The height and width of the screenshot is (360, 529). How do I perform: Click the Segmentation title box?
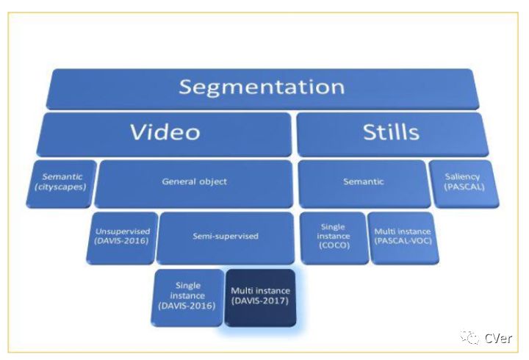pyautogui.click(x=262, y=88)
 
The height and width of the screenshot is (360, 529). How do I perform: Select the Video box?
pyautogui.click(x=165, y=133)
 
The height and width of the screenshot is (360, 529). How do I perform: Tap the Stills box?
pyautogui.click(x=391, y=133)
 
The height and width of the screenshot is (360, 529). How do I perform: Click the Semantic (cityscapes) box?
pyautogui.click(x=62, y=182)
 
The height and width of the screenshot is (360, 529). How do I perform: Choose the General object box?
pyautogui.click(x=194, y=182)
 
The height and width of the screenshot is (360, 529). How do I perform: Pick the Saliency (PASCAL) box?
pyautogui.click(x=462, y=181)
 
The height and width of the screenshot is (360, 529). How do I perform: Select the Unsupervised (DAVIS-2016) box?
pyautogui.click(x=122, y=236)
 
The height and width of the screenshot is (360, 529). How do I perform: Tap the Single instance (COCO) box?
pyautogui.click(x=333, y=236)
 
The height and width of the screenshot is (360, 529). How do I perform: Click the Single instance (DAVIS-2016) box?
pyautogui.click(x=187, y=297)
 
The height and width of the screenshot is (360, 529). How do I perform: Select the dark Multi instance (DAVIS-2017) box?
pyautogui.click(x=260, y=297)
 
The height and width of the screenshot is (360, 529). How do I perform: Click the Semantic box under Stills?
pyautogui.click(x=363, y=181)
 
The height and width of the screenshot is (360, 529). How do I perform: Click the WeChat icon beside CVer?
pyautogui.click(x=469, y=337)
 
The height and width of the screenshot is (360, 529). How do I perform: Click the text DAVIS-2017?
pyautogui.click(x=260, y=301)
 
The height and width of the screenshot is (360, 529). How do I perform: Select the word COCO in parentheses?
pyautogui.click(x=333, y=246)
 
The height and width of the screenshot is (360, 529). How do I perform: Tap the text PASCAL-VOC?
pyautogui.click(x=403, y=241)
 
